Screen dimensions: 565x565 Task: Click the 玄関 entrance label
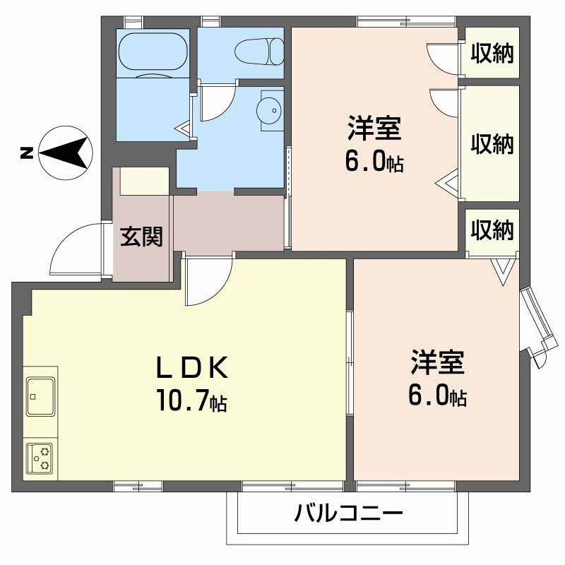pos(141,237)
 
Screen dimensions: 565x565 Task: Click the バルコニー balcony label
pos(348,512)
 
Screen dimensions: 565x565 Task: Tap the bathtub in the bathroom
pos(154,52)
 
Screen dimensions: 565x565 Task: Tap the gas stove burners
pos(41,458)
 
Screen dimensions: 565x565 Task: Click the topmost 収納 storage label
pos(492,52)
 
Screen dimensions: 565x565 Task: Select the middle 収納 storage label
pos(492,145)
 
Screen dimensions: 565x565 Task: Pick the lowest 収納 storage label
pos(492,230)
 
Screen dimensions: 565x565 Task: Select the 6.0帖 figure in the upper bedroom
pos(374,162)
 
